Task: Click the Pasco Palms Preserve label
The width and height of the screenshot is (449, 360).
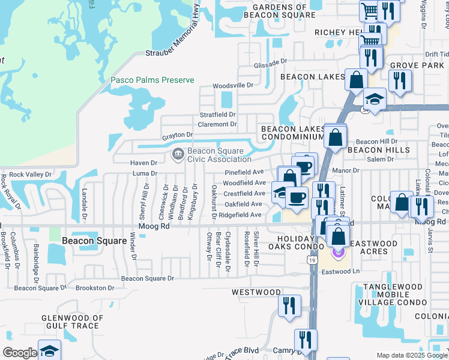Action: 152,80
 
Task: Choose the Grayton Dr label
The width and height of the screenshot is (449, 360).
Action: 177,135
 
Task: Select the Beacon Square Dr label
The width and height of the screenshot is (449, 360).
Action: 147,278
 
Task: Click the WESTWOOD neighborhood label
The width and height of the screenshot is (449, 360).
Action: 256,292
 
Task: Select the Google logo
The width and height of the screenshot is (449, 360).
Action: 20,353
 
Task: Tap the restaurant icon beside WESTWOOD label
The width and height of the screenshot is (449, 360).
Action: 289,305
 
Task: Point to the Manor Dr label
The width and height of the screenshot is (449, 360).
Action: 346,170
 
